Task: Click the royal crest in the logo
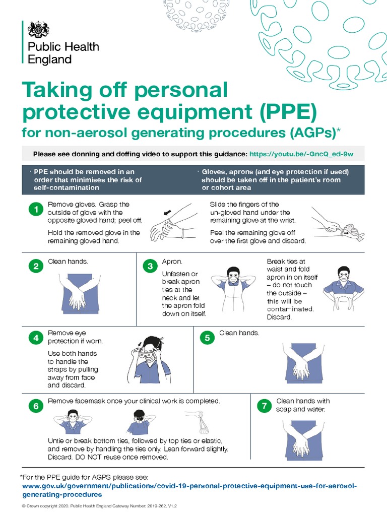pyautogui.click(x=38, y=30)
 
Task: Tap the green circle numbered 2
pyautogui.click(x=36, y=267)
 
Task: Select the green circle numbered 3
pyautogui.click(x=150, y=267)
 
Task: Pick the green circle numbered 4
pyautogui.click(x=36, y=339)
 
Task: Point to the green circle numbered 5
pyautogui.click(x=207, y=339)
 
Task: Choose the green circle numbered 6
pyautogui.click(x=36, y=406)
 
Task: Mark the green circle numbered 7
pyautogui.click(x=264, y=406)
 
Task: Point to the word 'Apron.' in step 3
pyautogui.click(x=172, y=262)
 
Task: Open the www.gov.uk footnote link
pyautogui.click(x=190, y=486)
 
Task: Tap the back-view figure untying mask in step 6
pyautogui.click(x=139, y=422)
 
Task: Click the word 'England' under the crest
pyautogui.click(x=49, y=59)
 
